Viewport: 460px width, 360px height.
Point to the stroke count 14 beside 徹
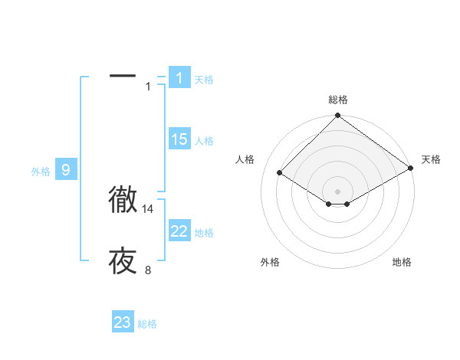[148, 208]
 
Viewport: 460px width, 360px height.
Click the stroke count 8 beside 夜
[148, 270]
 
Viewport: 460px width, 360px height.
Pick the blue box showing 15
[179, 139]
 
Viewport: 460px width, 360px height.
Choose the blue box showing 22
[179, 231]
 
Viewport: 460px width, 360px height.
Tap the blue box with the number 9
[66, 170]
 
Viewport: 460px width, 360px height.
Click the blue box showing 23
[123, 322]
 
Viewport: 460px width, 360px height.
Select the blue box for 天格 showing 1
[179, 78]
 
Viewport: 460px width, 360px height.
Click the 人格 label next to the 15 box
[204, 141]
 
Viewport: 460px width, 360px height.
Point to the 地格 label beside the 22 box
[204, 233]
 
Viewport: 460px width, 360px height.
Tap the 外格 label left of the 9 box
[41, 172]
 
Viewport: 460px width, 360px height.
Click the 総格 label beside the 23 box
[147, 324]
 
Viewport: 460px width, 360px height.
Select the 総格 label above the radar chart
[338, 100]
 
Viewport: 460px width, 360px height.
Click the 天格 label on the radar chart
[431, 159]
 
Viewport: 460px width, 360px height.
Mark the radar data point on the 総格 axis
[338, 116]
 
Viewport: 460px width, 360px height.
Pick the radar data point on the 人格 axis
[280, 173]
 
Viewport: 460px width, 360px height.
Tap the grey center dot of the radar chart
[338, 191]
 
